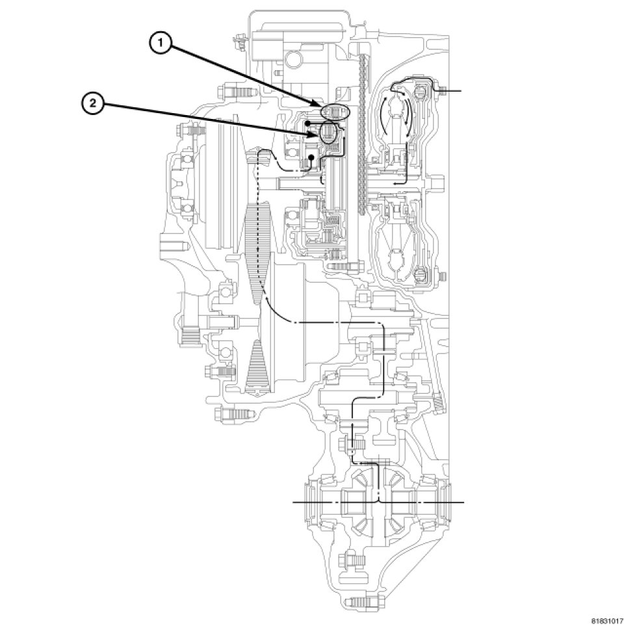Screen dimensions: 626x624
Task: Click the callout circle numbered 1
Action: pyautogui.click(x=160, y=44)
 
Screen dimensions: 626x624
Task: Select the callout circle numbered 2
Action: pyautogui.click(x=92, y=103)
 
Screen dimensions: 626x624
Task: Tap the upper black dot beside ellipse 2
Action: pyautogui.click(x=305, y=122)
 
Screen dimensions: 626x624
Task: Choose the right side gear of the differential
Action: pyautogui.click(x=407, y=503)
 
